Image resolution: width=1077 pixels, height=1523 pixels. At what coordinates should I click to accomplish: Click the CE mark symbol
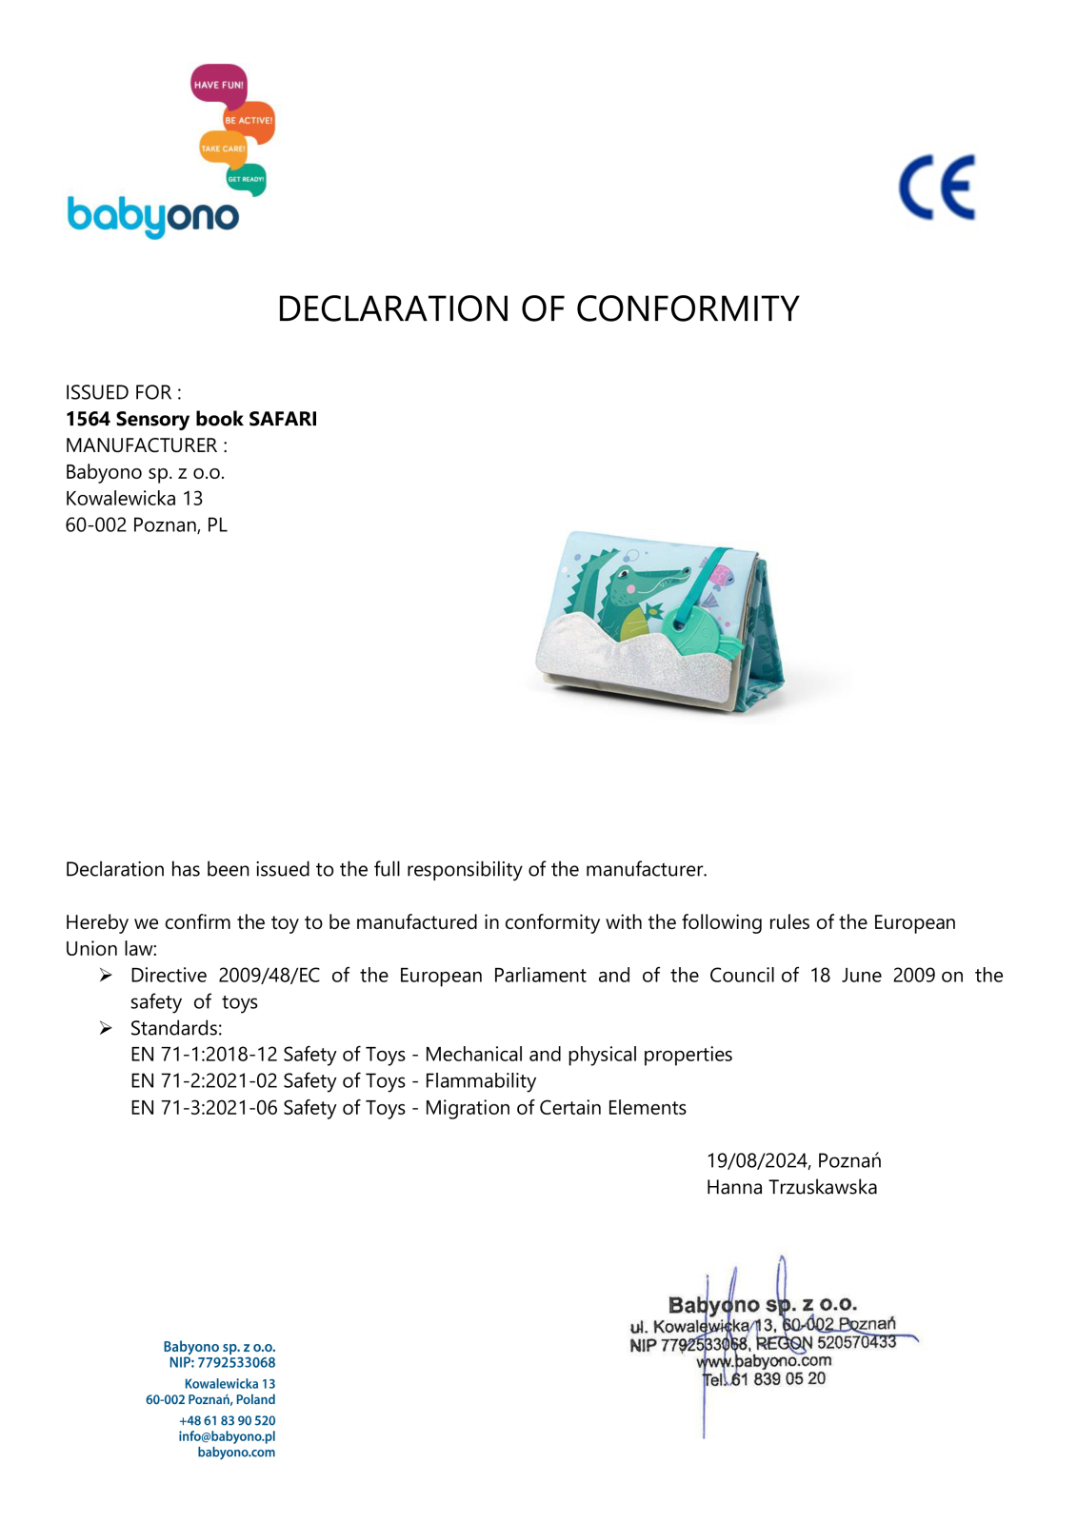click(x=937, y=188)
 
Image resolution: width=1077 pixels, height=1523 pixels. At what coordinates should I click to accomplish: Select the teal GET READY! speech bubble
click(x=246, y=179)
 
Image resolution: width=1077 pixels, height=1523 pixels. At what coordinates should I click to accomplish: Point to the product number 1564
click(x=88, y=419)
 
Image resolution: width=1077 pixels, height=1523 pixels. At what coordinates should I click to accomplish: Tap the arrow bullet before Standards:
click(x=106, y=1028)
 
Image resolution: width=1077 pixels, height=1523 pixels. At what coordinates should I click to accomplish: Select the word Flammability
click(x=480, y=1081)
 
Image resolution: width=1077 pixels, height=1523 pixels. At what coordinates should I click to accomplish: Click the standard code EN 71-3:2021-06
click(x=204, y=1108)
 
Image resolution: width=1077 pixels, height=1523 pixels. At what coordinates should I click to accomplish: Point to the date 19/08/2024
click(x=757, y=1161)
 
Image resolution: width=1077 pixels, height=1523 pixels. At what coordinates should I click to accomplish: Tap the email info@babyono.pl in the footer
click(x=227, y=1436)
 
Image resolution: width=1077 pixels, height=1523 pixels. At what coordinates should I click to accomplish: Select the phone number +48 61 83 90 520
click(x=227, y=1420)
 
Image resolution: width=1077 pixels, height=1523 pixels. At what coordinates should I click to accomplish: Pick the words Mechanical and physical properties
click(x=578, y=1055)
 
